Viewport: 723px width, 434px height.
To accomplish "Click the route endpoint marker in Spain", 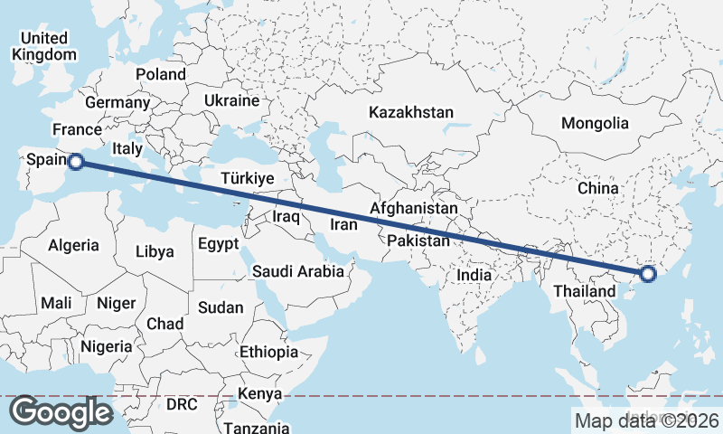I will (76, 162).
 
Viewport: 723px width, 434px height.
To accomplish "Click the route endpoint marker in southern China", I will (647, 274).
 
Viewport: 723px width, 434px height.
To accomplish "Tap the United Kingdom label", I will (44, 46).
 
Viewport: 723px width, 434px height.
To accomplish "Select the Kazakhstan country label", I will (410, 112).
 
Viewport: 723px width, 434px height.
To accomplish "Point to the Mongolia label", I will (594, 123).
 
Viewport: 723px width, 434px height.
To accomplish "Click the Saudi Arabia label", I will (298, 270).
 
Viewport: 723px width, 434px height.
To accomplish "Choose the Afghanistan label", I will (414, 208).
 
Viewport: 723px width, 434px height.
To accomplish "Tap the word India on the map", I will (474, 275).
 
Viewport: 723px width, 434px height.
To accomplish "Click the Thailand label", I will (584, 291).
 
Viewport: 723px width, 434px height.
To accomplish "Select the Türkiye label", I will (248, 179).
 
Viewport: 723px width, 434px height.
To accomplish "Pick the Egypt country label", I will (218, 244).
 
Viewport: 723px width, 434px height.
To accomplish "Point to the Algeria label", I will (73, 245).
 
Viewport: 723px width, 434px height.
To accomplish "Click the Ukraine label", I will (231, 100).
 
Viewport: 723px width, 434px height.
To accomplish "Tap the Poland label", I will (160, 74).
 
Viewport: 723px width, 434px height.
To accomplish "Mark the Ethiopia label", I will (269, 352).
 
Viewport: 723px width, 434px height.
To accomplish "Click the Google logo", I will (61, 412).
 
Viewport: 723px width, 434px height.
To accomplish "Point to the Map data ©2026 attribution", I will (646, 420).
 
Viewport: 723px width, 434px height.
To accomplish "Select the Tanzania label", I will (258, 428).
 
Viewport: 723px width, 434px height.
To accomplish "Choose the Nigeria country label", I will (106, 346).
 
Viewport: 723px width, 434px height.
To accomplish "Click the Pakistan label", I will (418, 241).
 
